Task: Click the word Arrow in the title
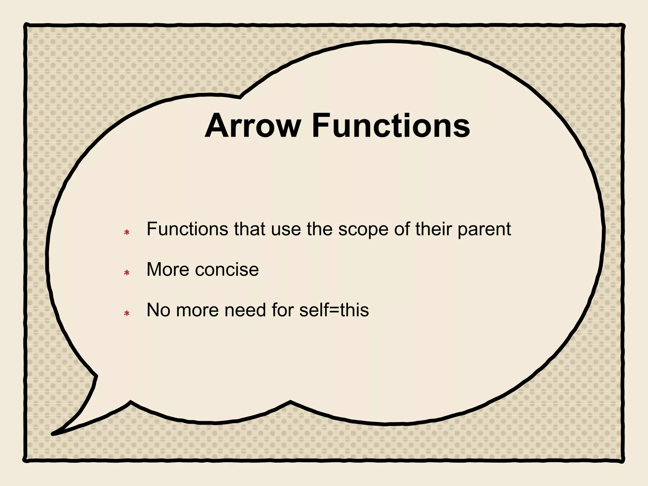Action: coord(252,126)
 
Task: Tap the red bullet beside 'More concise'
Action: coord(127,272)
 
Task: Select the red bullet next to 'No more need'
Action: coord(127,313)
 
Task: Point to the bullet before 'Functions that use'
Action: coord(127,233)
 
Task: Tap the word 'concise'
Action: coord(227,270)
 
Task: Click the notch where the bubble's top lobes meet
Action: coord(240,97)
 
